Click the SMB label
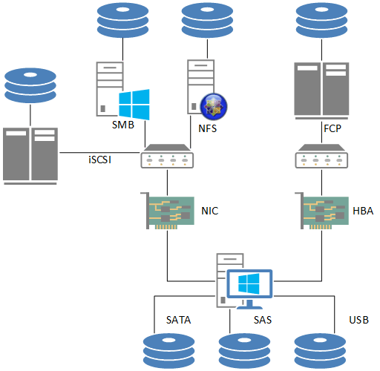[123, 125]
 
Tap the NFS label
[208, 128]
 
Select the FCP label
[332, 128]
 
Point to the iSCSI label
[100, 160]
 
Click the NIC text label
[210, 211]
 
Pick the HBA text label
[363, 211]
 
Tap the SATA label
[179, 320]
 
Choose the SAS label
[263, 320]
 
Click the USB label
[359, 320]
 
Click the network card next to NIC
[168, 211]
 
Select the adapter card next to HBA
[322, 211]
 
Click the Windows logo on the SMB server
[134, 105]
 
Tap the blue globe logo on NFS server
[214, 106]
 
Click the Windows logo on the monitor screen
[249, 283]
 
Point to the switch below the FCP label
[322, 157]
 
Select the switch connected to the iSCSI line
[167, 157]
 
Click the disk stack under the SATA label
[169, 351]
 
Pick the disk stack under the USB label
[320, 351]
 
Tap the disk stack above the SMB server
[122, 20]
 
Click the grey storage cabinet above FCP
[321, 91]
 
